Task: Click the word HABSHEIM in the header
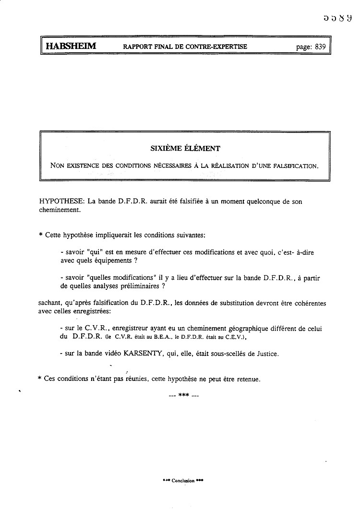point(71,47)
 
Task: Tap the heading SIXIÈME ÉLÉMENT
point(185,149)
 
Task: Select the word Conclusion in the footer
point(183,481)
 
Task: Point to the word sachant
point(50,303)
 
